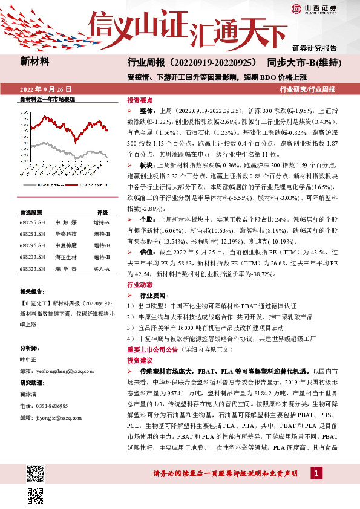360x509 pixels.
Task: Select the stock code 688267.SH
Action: click(x=32, y=222)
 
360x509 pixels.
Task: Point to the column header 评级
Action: click(x=102, y=213)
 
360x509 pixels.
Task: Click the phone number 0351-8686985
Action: click(x=52, y=406)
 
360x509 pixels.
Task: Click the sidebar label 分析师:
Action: click(x=30, y=349)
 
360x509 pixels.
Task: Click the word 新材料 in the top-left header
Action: click(x=34, y=62)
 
